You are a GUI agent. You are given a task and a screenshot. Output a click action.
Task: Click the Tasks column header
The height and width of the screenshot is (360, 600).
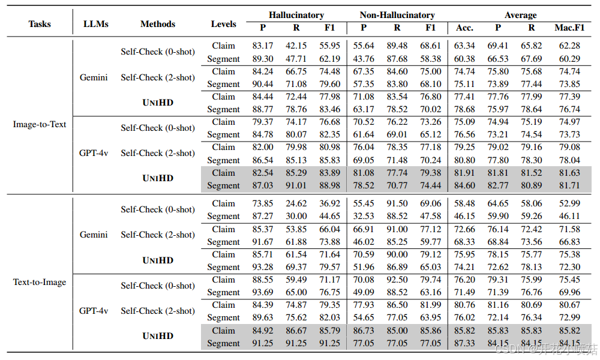[x=40, y=24]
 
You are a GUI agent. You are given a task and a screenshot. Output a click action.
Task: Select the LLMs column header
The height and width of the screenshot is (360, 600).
[x=96, y=24]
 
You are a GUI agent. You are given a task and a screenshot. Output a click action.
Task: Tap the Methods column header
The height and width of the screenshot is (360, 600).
[x=158, y=24]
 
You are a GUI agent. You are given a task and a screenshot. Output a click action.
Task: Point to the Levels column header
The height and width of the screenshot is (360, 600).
[x=224, y=24]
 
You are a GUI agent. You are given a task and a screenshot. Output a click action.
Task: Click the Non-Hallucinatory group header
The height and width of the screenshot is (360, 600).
[x=397, y=15]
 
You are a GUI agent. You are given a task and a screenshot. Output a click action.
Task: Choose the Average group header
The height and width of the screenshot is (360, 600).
[x=520, y=15]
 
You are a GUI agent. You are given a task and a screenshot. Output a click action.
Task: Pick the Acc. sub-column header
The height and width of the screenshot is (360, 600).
[x=464, y=28]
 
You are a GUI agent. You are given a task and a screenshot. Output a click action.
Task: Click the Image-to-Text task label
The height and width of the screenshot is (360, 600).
[x=40, y=124]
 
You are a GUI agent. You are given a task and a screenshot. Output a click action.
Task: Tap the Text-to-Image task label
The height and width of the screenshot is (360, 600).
[x=40, y=282]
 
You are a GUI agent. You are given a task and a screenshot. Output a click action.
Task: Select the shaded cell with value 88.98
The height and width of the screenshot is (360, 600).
[x=329, y=185]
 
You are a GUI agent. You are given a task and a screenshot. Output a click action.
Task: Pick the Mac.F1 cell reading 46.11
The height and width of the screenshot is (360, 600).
[x=569, y=216]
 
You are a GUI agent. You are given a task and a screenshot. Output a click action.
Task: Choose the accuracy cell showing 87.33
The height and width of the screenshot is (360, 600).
[x=464, y=343]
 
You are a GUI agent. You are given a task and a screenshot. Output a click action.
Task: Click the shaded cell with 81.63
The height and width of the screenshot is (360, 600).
[x=569, y=173]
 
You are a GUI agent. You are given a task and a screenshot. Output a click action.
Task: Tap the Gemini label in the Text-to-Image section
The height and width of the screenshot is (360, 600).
[x=94, y=235]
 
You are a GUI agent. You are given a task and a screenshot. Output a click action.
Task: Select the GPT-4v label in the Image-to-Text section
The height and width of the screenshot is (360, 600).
[x=94, y=153]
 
